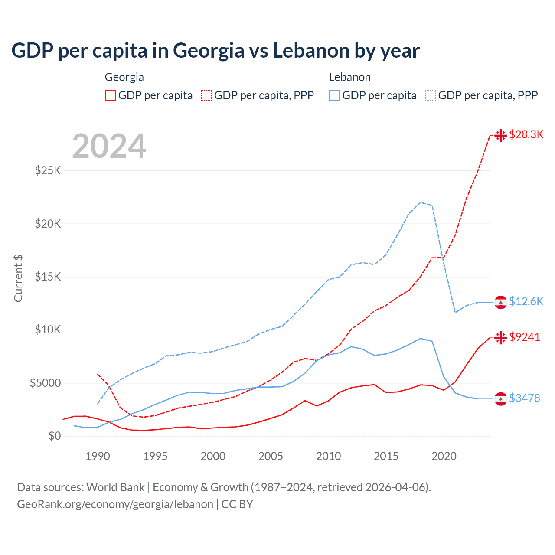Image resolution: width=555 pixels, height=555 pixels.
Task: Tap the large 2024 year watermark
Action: click(x=109, y=146)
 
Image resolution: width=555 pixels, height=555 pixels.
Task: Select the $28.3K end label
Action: click(x=526, y=135)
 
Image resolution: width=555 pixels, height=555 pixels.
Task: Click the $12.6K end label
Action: click(x=526, y=301)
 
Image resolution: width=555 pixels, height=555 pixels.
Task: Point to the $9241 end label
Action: click(x=525, y=337)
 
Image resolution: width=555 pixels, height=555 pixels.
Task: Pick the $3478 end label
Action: click(x=525, y=398)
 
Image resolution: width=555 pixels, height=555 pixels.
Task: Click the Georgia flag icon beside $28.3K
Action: click(x=501, y=135)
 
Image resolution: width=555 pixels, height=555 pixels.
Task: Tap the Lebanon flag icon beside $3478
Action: click(x=501, y=399)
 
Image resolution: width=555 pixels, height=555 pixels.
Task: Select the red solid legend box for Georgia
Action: click(x=111, y=95)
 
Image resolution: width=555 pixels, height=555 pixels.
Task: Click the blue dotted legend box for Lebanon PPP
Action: click(x=431, y=95)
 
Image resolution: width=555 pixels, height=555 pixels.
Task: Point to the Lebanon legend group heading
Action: click(x=349, y=77)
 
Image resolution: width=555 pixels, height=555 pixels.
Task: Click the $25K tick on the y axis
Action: click(x=48, y=170)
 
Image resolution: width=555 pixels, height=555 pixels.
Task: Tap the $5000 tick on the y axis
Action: click(x=45, y=383)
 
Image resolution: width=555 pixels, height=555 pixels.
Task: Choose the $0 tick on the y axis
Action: click(x=54, y=436)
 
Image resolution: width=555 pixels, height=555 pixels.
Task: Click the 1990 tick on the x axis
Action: click(x=98, y=456)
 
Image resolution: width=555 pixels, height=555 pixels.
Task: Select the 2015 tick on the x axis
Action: click(x=386, y=456)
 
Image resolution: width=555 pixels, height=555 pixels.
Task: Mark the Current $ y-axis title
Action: click(x=18, y=278)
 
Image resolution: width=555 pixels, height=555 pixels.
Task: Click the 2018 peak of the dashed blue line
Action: click(x=421, y=202)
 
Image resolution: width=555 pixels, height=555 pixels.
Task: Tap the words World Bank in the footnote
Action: click(x=115, y=487)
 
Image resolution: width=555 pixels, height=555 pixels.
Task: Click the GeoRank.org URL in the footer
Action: click(x=115, y=504)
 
